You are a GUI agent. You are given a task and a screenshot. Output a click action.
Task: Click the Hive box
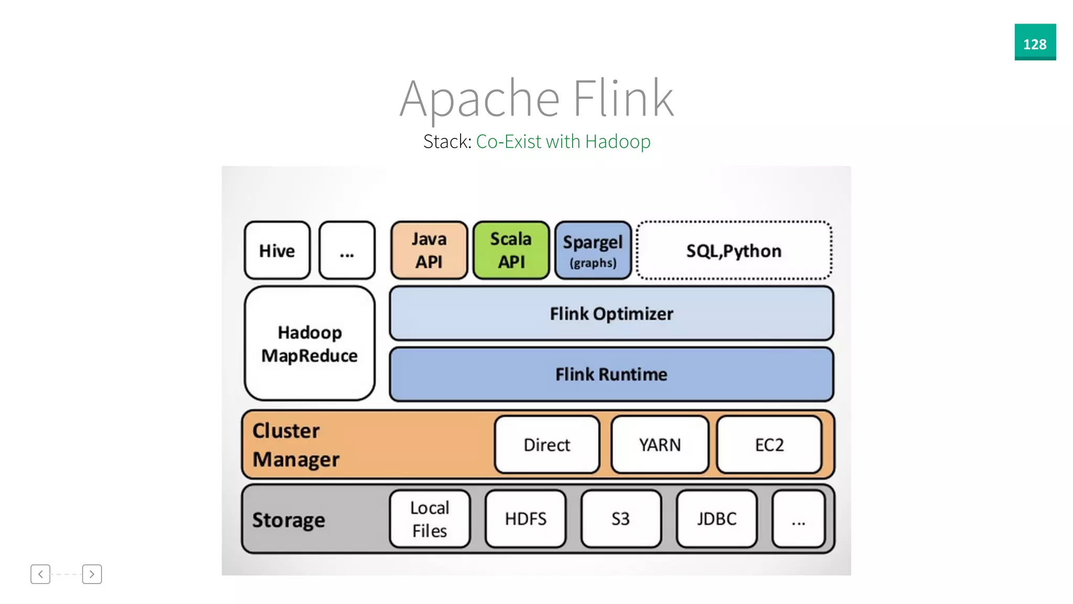tap(277, 251)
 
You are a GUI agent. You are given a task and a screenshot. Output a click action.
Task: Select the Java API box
tap(429, 251)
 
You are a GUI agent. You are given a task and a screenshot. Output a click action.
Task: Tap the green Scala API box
tap(511, 251)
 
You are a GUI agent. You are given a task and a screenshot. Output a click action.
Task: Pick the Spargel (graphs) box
tap(593, 251)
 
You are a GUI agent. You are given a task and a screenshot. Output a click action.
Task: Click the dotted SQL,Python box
tap(733, 251)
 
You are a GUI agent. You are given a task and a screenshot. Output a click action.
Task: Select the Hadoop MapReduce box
tap(309, 343)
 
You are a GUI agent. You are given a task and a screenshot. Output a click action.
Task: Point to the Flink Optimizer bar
tap(611, 314)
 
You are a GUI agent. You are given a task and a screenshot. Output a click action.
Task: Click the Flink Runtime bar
tap(611, 374)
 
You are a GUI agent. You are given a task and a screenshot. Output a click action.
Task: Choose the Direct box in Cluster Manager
tap(546, 445)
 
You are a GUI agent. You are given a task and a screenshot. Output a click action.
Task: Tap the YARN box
tap(660, 445)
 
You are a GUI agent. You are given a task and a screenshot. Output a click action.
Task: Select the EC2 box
tap(769, 445)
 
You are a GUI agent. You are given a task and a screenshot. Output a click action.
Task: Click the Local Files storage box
tap(430, 519)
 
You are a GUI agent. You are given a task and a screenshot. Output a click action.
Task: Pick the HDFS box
tap(525, 519)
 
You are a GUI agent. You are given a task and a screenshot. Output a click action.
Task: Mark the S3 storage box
tap(621, 519)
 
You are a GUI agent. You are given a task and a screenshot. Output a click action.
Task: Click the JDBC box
tap(716, 519)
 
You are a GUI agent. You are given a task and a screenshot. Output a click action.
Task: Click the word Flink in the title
tap(622, 99)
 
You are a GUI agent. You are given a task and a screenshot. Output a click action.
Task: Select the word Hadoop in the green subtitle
tap(618, 142)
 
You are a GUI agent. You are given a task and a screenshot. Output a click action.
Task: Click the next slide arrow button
tap(92, 574)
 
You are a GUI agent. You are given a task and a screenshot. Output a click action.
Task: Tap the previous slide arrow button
tap(40, 574)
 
